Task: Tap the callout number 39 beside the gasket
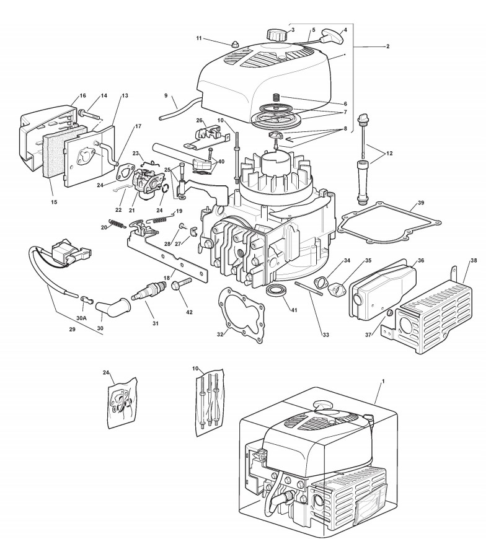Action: click(421, 203)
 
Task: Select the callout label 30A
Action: click(81, 318)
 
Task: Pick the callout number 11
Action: click(199, 38)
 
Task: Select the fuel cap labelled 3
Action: click(274, 33)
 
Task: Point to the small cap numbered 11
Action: click(235, 45)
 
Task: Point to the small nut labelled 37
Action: click(389, 315)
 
